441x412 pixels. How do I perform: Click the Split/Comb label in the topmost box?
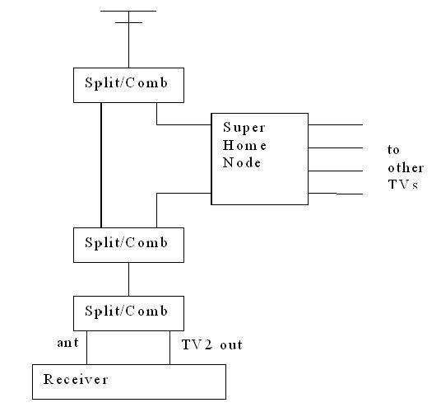click(126, 82)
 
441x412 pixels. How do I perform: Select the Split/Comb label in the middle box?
click(126, 243)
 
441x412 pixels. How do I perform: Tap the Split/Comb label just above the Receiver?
click(126, 311)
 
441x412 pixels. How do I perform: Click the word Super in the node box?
click(244, 129)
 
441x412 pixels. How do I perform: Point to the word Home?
click(244, 145)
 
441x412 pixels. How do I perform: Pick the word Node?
click(242, 162)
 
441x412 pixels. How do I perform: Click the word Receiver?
click(76, 379)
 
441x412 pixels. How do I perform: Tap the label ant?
click(67, 343)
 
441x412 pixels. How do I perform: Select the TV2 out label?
click(211, 344)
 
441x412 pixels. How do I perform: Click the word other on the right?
click(406, 168)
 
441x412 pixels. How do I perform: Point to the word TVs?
click(403, 185)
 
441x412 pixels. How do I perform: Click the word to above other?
click(393, 150)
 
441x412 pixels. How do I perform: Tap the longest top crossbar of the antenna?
click(128, 11)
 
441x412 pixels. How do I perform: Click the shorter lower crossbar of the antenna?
click(128, 22)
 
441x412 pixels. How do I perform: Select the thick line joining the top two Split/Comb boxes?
click(101, 165)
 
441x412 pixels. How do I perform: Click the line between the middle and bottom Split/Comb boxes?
click(129, 279)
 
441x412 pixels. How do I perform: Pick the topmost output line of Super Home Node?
click(335, 124)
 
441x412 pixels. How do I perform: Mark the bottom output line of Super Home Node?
click(335, 194)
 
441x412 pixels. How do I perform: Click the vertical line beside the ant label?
click(86, 348)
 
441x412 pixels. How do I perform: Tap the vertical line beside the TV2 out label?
click(169, 348)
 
